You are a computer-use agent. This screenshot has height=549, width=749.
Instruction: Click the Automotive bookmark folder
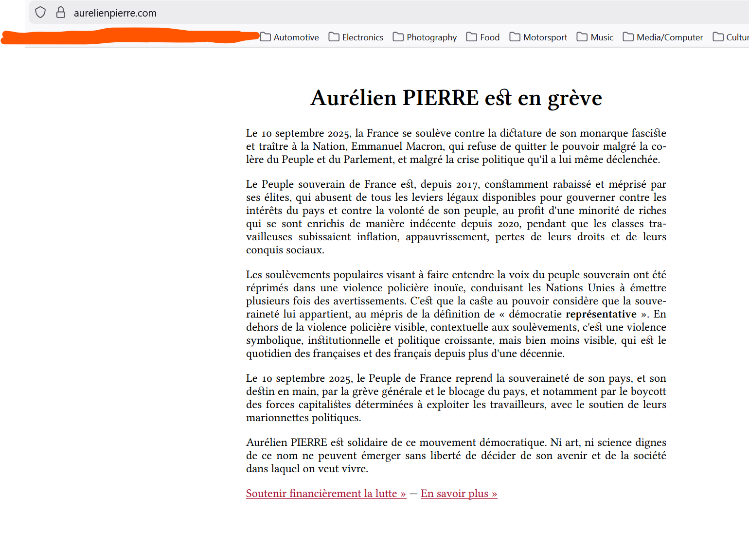(x=290, y=37)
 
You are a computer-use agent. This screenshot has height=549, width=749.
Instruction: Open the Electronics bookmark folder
(x=356, y=37)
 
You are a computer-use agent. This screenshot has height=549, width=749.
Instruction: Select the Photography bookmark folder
(x=425, y=37)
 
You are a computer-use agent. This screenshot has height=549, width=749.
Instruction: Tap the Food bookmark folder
(x=483, y=37)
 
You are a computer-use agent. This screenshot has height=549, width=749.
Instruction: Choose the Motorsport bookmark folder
(x=538, y=37)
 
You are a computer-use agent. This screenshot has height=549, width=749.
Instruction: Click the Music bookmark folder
(x=595, y=37)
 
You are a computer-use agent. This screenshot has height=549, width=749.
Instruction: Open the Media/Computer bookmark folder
(x=663, y=37)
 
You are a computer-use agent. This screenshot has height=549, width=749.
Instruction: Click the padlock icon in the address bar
(x=61, y=13)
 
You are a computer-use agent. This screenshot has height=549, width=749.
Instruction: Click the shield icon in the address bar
(x=40, y=13)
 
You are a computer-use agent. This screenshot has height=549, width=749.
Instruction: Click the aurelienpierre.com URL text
(x=115, y=13)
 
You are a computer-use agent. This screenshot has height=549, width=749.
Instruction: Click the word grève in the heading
(x=575, y=98)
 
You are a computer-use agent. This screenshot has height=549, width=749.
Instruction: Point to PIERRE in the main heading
(x=441, y=98)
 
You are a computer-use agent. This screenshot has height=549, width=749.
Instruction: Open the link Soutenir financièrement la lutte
(x=326, y=494)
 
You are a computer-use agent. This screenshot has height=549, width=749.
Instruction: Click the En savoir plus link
(x=459, y=494)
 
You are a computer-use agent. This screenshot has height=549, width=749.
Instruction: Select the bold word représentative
(x=601, y=314)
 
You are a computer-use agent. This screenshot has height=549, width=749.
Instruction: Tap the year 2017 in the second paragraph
(x=467, y=184)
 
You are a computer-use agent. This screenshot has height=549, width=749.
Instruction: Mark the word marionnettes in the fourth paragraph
(x=277, y=418)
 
